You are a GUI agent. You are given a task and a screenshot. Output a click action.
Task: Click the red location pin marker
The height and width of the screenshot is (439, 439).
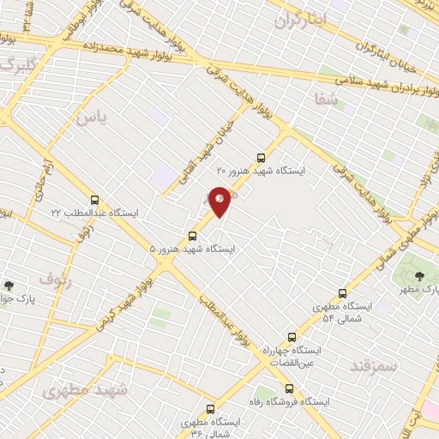click(220, 201)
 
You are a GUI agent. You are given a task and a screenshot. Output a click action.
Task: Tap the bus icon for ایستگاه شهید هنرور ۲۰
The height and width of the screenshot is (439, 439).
click(262, 157)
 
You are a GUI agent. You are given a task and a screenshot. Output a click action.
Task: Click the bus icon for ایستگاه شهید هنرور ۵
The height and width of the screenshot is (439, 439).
click(192, 235)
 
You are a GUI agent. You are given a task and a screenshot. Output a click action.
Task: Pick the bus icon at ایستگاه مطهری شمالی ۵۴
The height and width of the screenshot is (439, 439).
click(343, 292)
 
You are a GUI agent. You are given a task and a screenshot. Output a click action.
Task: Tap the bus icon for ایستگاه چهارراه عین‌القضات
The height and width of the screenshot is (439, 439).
click(292, 337)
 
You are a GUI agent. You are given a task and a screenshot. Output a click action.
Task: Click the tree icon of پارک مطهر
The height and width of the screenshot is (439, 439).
click(419, 276)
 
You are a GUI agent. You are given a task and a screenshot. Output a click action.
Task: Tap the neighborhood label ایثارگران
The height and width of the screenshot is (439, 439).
click(301, 20)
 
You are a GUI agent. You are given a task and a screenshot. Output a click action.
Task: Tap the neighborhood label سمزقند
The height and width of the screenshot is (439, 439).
click(375, 366)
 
